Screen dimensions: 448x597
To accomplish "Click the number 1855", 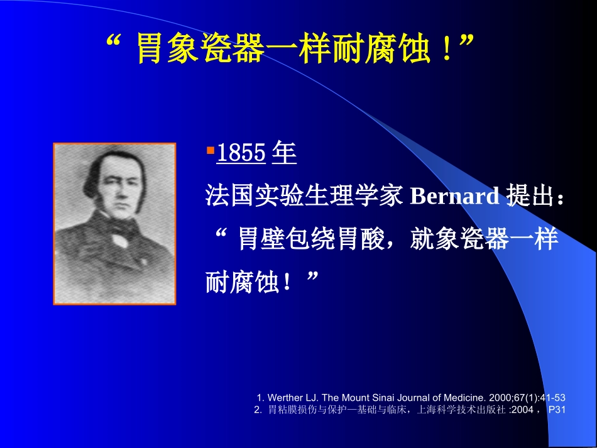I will click(241, 154).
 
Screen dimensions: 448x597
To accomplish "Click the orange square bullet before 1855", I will click(210, 151).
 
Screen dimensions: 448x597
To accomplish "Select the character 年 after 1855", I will click(285, 154).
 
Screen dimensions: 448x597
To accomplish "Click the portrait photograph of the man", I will click(114, 224).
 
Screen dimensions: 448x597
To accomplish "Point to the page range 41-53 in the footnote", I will click(553, 398).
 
